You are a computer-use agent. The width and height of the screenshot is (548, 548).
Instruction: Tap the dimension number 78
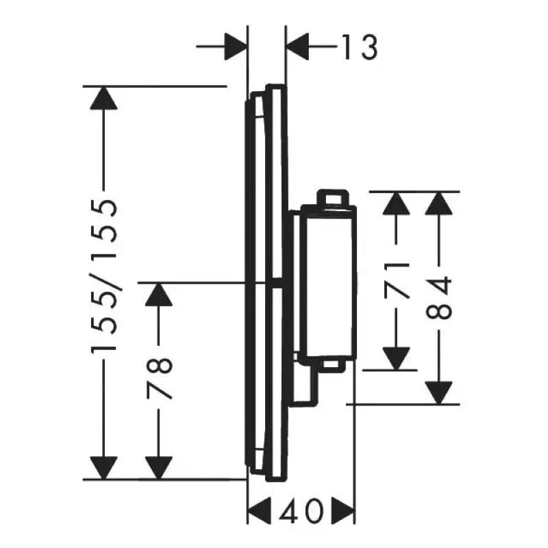click(160, 377)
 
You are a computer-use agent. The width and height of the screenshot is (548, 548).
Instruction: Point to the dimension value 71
click(397, 281)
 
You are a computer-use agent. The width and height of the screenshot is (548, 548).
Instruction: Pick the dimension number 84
click(439, 297)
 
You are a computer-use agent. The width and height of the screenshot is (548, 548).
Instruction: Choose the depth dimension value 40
click(301, 511)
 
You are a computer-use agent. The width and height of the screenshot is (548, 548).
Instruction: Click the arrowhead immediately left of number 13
click(297, 47)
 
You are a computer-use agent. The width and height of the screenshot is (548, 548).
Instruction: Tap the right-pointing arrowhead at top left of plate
click(236, 47)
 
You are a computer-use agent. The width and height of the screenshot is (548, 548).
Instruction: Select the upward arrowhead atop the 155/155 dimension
click(103, 98)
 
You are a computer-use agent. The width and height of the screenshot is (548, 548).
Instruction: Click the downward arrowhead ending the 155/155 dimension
click(103, 468)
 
